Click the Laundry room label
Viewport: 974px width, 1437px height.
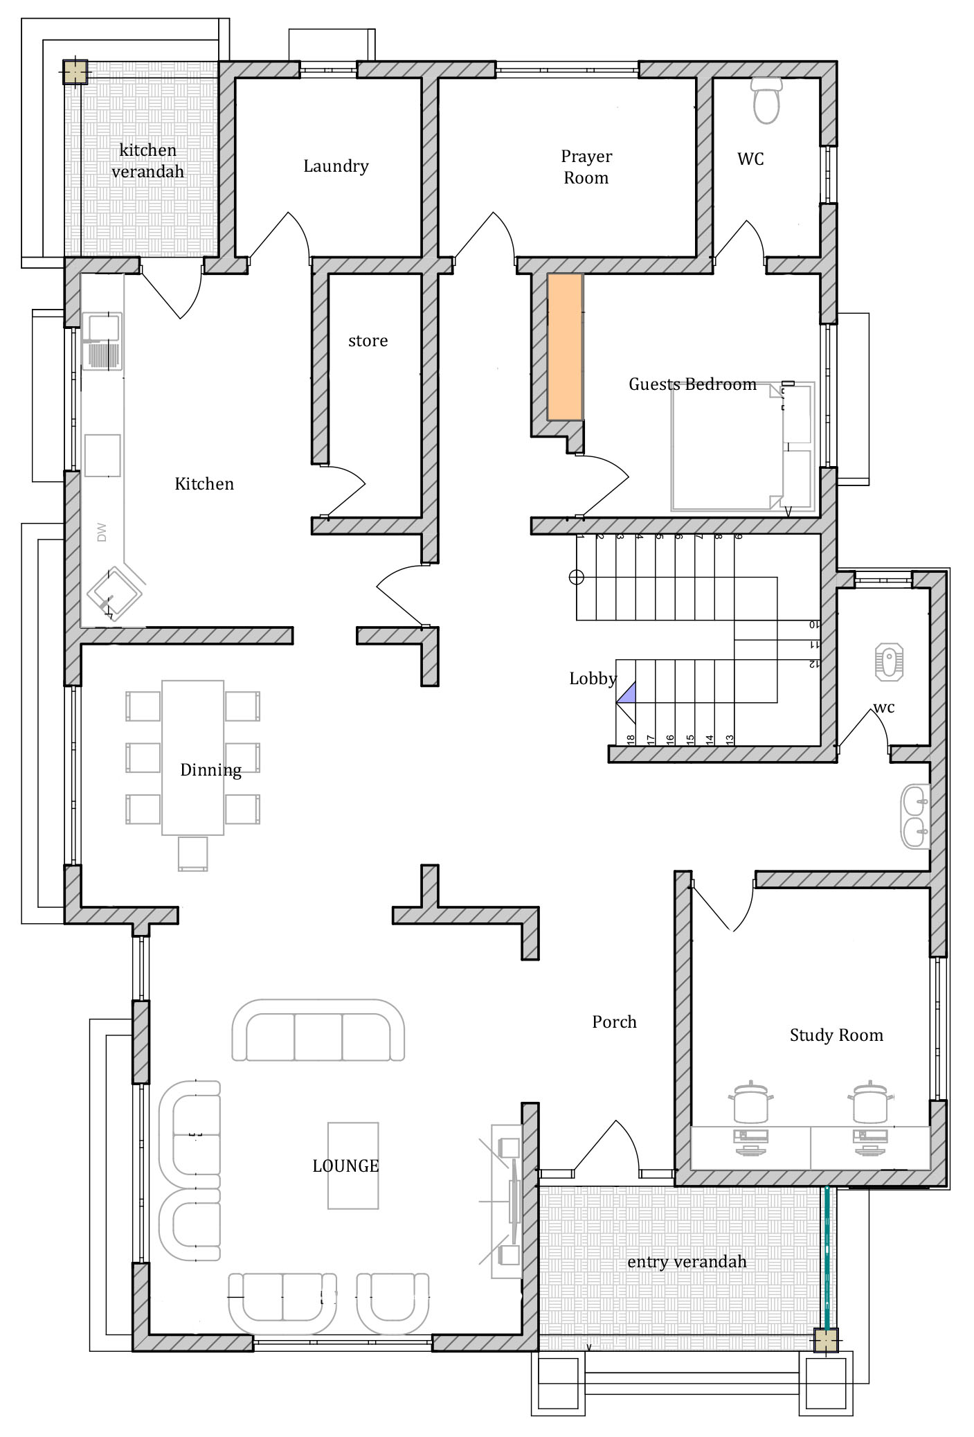(336, 166)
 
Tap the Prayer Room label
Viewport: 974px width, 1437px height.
(586, 167)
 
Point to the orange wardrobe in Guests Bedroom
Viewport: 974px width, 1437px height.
(565, 347)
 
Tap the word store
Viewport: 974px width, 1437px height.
(368, 341)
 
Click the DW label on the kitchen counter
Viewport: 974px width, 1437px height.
(102, 533)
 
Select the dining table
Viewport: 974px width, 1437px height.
(193, 758)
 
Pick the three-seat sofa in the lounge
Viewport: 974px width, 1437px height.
(318, 1030)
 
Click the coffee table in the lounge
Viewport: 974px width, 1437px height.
(353, 1166)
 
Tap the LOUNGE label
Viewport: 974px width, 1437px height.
(345, 1166)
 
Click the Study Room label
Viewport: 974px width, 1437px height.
(836, 1035)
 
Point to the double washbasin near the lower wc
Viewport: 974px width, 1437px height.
(915, 817)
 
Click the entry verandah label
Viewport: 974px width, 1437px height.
(687, 1262)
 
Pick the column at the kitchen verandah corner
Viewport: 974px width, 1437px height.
(75, 71)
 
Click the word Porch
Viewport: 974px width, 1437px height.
(614, 1021)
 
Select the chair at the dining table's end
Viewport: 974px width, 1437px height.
(192, 853)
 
